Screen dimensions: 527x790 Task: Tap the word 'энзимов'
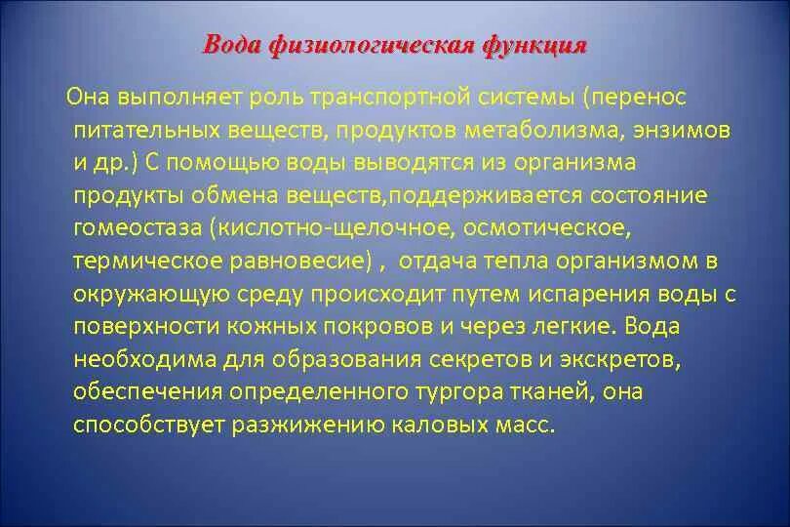coord(686,130)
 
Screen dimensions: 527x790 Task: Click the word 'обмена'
coord(221,195)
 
